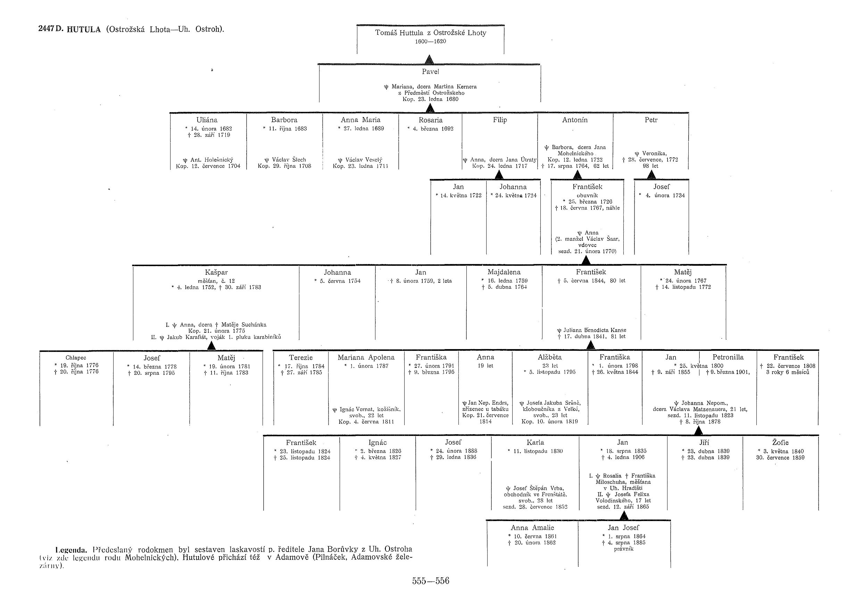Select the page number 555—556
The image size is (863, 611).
tap(430, 580)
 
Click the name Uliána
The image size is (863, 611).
tap(207, 120)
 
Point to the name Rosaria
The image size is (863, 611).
tap(430, 120)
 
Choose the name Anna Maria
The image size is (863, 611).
tap(360, 120)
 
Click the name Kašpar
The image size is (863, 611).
tap(216, 272)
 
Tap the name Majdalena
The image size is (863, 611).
tap(504, 272)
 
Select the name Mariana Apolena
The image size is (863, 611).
tap(366, 357)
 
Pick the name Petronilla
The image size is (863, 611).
tap(728, 357)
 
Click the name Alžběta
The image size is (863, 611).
tap(550, 357)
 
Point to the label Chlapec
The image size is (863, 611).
tap(76, 358)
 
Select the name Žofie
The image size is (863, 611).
tap(780, 443)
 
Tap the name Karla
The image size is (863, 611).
tap(535, 443)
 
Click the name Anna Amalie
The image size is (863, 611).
tap(532, 528)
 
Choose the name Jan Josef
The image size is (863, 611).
tap(623, 528)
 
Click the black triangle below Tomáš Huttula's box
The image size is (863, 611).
tap(429, 59)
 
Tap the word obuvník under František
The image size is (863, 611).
tap(587, 196)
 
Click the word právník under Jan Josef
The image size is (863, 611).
tap(624, 549)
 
